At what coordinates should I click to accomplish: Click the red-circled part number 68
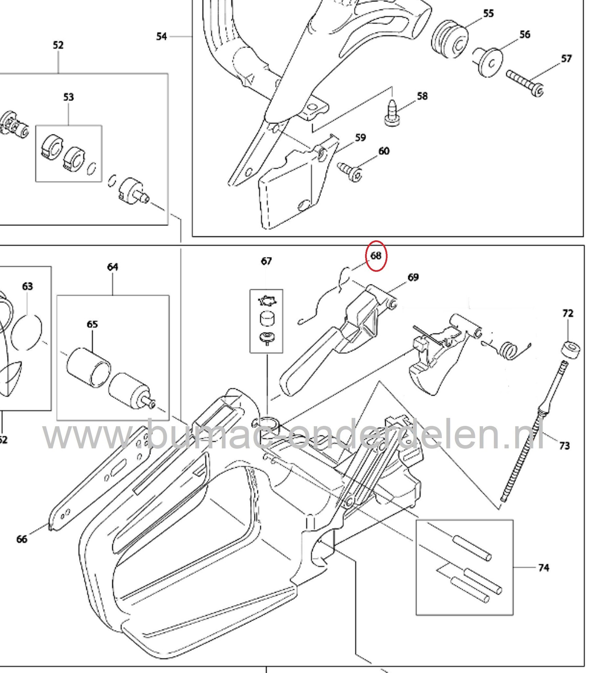[x=376, y=256]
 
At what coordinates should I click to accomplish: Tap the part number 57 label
[x=566, y=59]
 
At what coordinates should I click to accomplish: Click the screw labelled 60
[x=350, y=171]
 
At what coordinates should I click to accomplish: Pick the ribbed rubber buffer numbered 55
[x=450, y=39]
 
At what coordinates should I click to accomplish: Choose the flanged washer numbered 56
[x=489, y=62]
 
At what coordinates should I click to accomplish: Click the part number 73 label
[x=564, y=445]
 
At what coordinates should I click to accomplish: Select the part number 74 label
[x=544, y=568]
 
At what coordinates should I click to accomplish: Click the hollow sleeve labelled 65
[x=89, y=367]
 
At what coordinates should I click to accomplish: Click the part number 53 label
[x=68, y=97]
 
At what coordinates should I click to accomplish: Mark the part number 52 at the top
[x=58, y=45]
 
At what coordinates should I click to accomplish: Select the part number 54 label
[x=162, y=36]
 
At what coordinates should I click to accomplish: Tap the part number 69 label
[x=413, y=277]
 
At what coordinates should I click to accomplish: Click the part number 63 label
[x=27, y=286]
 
